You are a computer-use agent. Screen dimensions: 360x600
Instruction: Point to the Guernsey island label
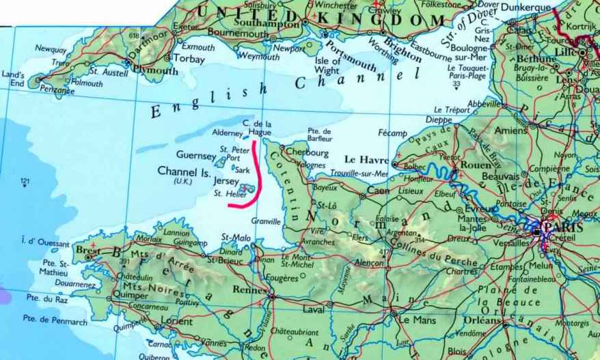[196, 155]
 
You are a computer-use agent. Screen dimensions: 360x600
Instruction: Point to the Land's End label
[13, 79]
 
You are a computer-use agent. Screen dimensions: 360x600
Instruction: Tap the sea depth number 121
[26, 181]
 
